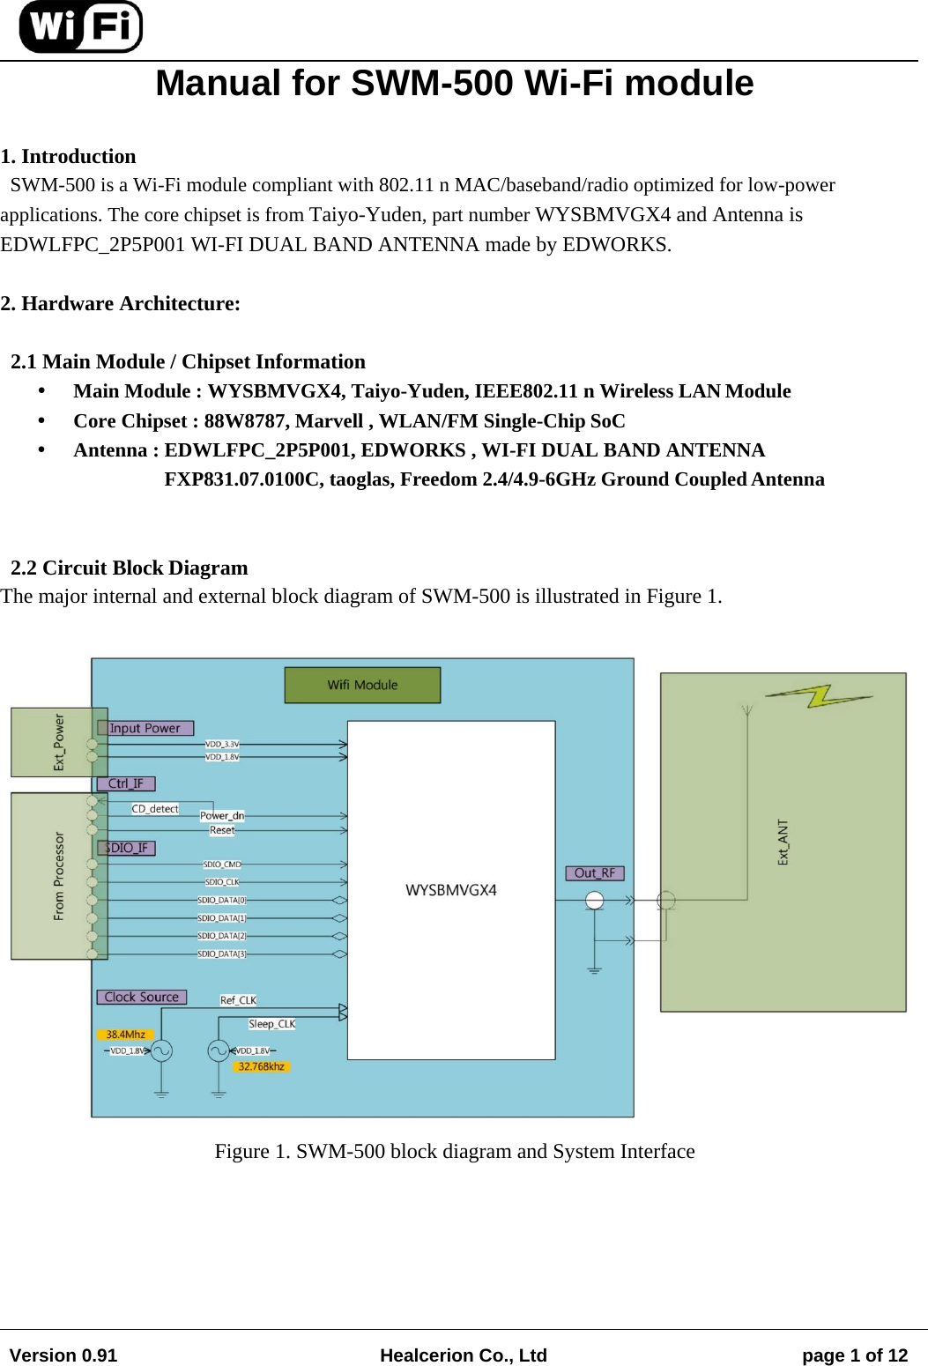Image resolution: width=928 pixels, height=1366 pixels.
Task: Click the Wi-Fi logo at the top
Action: (x=80, y=26)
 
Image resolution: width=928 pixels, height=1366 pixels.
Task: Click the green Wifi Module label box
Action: (x=362, y=685)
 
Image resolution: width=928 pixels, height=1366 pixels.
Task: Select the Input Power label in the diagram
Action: (x=145, y=728)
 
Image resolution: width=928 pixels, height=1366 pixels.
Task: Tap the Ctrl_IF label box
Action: (x=126, y=783)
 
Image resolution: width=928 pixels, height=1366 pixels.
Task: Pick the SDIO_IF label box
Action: (x=126, y=848)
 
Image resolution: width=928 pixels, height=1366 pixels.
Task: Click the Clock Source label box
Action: (x=141, y=997)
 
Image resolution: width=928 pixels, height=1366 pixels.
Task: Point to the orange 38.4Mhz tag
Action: (x=125, y=1035)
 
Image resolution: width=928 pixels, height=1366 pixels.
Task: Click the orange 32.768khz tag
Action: (x=261, y=1066)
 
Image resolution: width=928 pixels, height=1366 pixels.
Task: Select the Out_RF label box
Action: (x=595, y=872)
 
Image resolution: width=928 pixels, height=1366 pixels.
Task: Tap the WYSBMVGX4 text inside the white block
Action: (x=451, y=890)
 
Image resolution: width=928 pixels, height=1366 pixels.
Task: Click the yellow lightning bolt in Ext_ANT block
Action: (x=819, y=696)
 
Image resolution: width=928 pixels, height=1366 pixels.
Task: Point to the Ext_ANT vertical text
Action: (x=783, y=842)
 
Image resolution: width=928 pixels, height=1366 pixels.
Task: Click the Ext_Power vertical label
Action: (x=59, y=742)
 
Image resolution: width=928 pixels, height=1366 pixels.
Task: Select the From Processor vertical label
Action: (x=59, y=876)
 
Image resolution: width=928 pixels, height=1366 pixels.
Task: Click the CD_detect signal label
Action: (x=155, y=808)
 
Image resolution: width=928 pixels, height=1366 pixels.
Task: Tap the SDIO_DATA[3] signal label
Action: (x=221, y=954)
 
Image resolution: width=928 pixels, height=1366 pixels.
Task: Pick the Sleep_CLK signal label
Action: (x=271, y=1023)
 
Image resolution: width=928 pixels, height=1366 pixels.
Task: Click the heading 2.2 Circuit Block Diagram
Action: (x=129, y=568)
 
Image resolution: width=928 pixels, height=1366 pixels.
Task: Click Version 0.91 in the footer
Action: (x=63, y=1355)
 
